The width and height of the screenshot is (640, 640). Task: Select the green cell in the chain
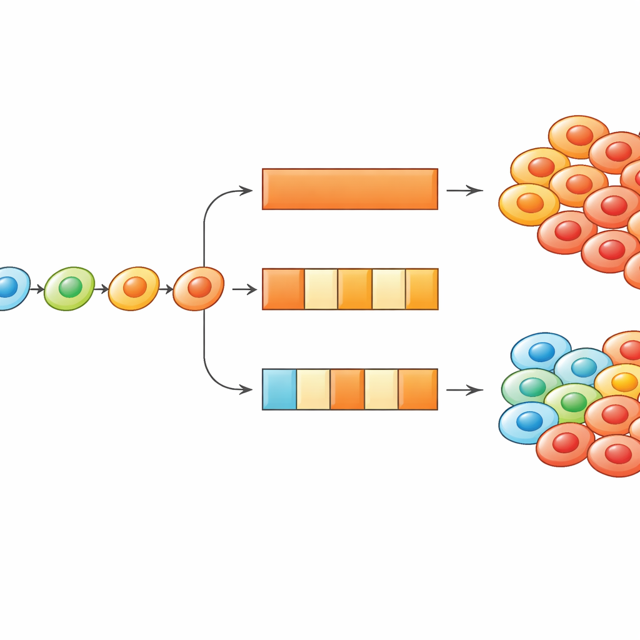[69, 288]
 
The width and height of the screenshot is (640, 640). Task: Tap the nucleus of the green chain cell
[71, 287]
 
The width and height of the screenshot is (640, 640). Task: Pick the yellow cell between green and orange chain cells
[134, 288]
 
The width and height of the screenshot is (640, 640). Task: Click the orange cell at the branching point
[198, 288]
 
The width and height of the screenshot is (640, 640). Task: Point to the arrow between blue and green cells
[37, 289]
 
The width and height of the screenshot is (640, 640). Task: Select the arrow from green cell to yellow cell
[101, 289]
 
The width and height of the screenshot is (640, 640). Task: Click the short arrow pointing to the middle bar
[244, 289]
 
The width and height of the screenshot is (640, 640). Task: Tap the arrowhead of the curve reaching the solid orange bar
[247, 190]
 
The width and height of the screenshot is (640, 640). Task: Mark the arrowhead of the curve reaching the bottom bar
[247, 389]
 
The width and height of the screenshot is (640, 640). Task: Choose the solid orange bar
[349, 189]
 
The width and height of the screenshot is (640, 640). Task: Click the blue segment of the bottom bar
[279, 389]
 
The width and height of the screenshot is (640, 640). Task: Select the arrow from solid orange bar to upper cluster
[464, 190]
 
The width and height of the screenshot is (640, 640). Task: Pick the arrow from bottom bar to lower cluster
[464, 390]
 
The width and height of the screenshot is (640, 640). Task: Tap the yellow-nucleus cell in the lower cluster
[623, 381]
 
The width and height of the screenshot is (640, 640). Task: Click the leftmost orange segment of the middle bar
[283, 289]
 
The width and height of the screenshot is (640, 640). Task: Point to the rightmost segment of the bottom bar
[418, 389]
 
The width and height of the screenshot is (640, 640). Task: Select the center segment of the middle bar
[355, 289]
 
